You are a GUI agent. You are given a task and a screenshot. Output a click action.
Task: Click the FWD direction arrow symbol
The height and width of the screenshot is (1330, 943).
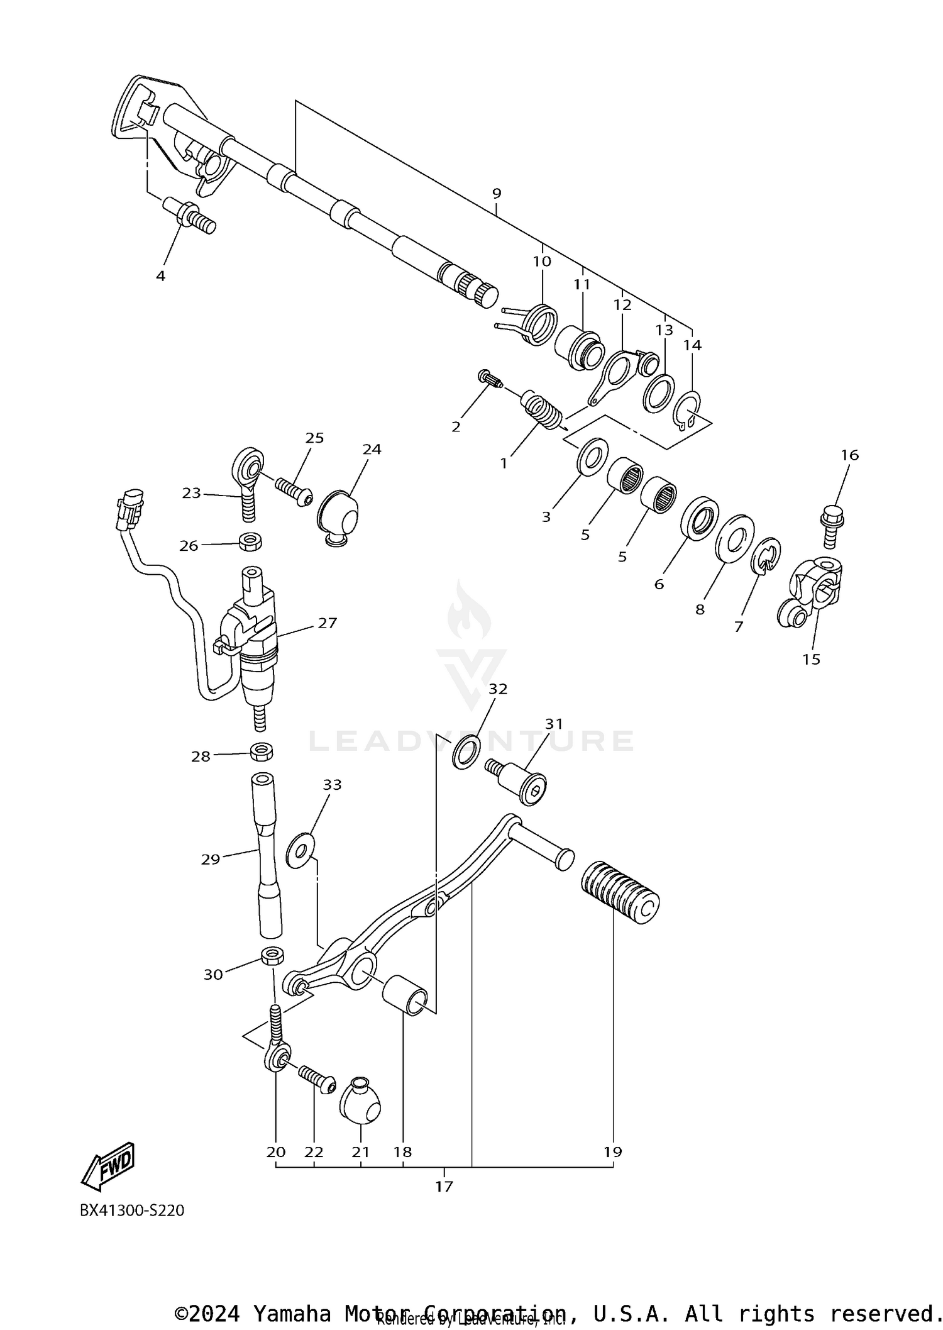(108, 1166)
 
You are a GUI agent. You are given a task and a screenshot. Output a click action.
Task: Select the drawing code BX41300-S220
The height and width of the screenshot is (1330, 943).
(132, 1211)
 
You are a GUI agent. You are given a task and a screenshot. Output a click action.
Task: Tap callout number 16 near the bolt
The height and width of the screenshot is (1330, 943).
(849, 455)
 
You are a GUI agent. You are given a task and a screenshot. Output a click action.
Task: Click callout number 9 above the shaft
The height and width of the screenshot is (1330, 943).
(497, 193)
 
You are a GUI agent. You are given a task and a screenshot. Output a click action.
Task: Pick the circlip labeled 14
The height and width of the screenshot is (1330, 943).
(687, 409)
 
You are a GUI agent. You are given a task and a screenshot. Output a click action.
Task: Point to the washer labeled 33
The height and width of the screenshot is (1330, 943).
(301, 851)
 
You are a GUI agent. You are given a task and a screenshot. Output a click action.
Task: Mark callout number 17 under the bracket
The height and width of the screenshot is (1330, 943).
(444, 1187)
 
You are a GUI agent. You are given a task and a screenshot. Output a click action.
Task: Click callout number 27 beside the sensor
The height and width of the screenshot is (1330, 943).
(327, 623)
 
